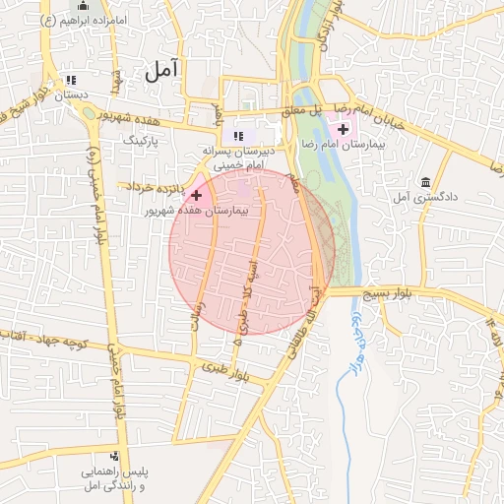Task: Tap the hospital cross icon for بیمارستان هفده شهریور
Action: pyautogui.click(x=196, y=196)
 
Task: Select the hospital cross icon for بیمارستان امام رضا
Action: pyautogui.click(x=344, y=128)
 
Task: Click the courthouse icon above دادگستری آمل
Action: pyautogui.click(x=425, y=183)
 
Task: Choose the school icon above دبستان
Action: pyautogui.click(x=70, y=81)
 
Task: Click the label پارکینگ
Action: pyautogui.click(x=145, y=142)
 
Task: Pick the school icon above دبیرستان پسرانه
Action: pyautogui.click(x=236, y=136)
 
